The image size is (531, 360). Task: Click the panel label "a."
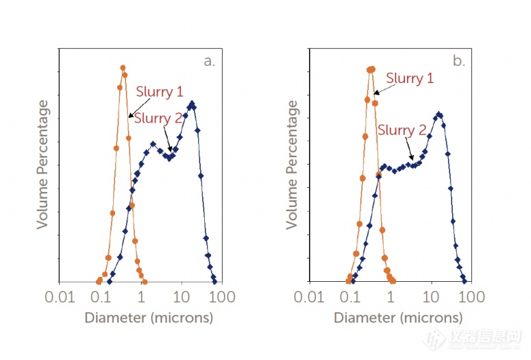tap(209, 61)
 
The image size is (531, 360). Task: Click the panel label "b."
tap(458, 61)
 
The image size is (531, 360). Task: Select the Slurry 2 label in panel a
tap(158, 118)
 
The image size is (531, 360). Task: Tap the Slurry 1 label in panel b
tap(410, 78)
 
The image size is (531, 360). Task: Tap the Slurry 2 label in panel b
tap(402, 130)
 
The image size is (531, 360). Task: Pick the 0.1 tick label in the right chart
tap(350, 298)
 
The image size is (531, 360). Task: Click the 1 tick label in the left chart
tap(141, 298)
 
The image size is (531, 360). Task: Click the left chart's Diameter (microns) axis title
tap(148, 318)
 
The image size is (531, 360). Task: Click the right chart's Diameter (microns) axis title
tap(398, 318)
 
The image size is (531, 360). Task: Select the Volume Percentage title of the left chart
tap(43, 165)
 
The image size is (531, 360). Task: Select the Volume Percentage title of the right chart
tap(293, 165)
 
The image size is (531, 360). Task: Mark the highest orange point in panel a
tap(123, 67)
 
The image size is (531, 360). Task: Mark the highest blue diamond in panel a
tap(192, 103)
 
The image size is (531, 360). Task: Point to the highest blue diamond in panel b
tap(439, 114)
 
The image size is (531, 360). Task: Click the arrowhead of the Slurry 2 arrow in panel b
tap(412, 160)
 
